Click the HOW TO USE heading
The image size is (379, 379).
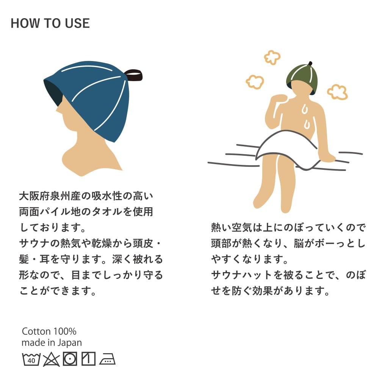click(x=50, y=23)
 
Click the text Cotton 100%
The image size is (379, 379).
click(x=49, y=331)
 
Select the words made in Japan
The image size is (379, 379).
click(x=52, y=343)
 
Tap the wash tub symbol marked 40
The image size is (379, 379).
click(x=31, y=359)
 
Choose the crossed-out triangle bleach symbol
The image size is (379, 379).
click(x=51, y=359)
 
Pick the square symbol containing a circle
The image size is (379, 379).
click(x=70, y=359)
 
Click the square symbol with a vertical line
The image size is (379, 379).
click(x=88, y=359)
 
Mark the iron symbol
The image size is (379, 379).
click(x=107, y=359)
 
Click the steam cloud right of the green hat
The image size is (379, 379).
click(x=337, y=92)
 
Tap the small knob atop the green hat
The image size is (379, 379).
click(x=310, y=64)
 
